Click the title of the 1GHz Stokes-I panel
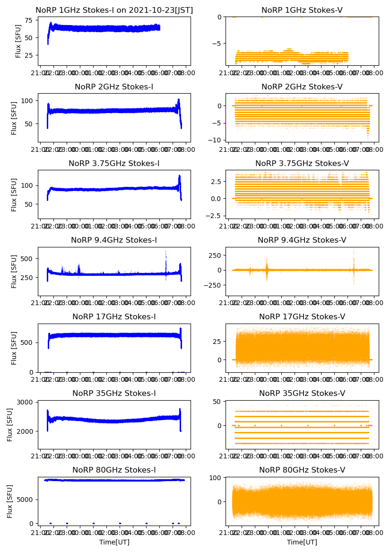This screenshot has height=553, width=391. [x=114, y=10]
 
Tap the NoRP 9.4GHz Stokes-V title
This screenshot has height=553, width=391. [x=302, y=240]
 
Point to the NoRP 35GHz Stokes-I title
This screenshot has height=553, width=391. [x=114, y=393]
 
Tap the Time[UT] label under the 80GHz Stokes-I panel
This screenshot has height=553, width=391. [x=114, y=542]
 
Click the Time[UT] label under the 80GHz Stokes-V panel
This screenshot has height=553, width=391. [x=302, y=542]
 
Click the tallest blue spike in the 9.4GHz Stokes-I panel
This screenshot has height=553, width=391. [x=165, y=252]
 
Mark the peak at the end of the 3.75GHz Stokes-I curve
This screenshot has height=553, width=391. [x=180, y=176]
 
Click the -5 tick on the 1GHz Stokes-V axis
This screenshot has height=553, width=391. [x=218, y=43]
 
